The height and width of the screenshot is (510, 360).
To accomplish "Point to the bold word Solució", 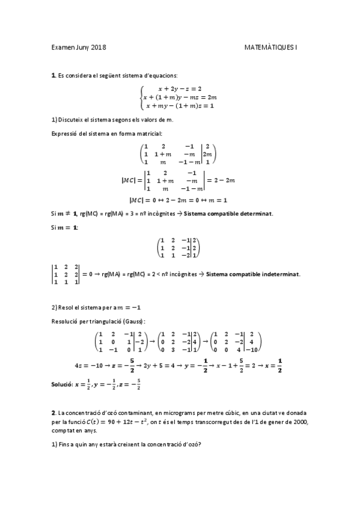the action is tap(61, 383).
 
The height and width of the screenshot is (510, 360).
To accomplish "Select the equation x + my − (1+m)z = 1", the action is tap(180, 106).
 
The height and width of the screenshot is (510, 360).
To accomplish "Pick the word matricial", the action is tap(148, 133).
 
